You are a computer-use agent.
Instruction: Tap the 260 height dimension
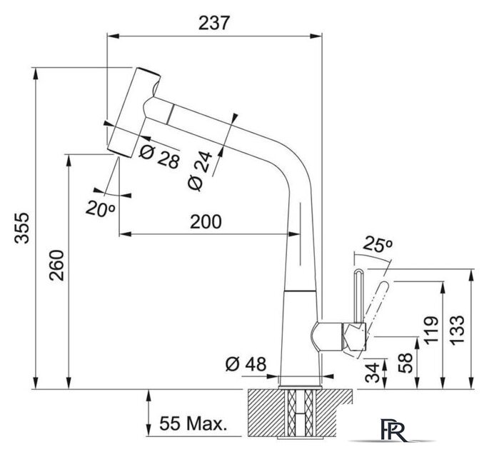pyautogui.click(x=56, y=267)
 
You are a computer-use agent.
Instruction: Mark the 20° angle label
pyautogui.click(x=101, y=209)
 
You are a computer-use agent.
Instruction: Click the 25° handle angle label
pyautogui.click(x=379, y=244)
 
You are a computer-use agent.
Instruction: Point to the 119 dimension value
pyautogui.click(x=430, y=331)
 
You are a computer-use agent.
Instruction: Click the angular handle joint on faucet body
pyautogui.click(x=353, y=335)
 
